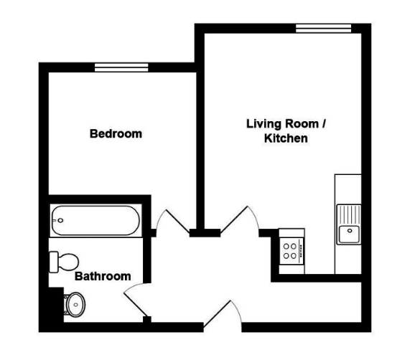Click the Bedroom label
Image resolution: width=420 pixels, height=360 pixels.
116,133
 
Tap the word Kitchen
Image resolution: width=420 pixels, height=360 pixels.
286,138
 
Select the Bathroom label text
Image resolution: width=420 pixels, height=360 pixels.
103,276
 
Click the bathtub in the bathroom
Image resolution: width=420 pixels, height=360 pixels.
95,221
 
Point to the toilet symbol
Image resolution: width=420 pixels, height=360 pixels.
64,262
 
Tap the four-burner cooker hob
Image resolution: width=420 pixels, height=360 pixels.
291,251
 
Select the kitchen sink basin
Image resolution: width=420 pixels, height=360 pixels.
349,235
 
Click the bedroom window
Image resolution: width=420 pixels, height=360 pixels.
121,67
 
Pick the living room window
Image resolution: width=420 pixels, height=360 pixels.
323,29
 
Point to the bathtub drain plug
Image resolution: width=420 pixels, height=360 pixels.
60,220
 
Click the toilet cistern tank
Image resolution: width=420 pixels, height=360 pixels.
54,262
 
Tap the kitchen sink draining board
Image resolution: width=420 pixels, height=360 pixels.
349,214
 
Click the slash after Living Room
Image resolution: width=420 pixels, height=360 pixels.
323,124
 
